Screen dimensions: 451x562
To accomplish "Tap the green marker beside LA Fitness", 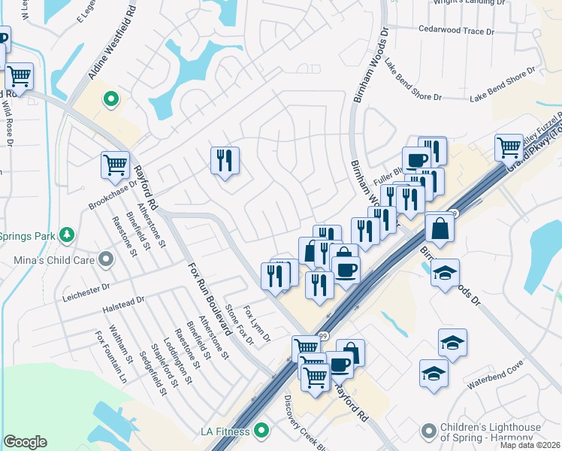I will click(261, 431).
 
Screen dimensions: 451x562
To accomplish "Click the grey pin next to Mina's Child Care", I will click(106, 260).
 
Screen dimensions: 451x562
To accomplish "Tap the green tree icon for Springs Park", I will click(67, 235).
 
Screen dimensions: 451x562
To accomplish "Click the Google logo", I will click(25, 442).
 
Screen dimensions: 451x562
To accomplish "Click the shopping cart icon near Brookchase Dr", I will click(115, 164).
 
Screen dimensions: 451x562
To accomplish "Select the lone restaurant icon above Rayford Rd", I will click(224, 160).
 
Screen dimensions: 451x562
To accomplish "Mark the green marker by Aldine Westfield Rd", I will click(110, 98).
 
